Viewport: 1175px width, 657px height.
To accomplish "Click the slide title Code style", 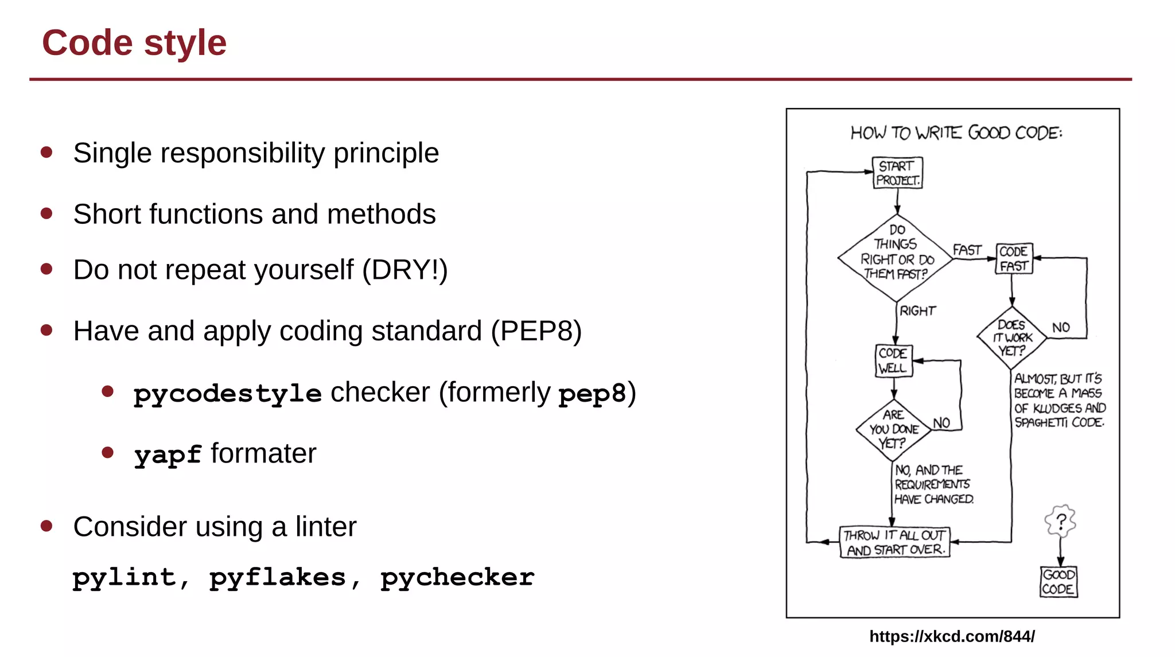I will point(134,43).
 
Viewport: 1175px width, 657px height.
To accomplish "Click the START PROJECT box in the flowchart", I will point(897,173).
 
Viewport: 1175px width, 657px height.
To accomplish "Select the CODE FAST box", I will point(1014,258).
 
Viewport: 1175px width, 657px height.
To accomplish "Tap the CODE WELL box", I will point(893,360).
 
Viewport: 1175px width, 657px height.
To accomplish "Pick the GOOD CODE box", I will point(1059,582).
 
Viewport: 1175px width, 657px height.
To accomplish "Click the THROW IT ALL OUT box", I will point(894,542).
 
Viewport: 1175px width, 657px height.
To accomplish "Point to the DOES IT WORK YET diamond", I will point(1011,338).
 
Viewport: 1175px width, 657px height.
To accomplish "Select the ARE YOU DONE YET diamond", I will point(893,429).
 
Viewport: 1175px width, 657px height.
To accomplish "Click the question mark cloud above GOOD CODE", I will point(1060,521).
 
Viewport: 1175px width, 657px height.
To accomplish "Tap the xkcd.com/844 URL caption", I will point(952,636).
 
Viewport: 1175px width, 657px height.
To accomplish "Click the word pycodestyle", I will point(227,394).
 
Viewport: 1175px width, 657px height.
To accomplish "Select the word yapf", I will point(168,454).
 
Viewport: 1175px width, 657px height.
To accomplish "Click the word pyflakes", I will point(277,577).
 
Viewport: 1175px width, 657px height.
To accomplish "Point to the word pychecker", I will point(457,577).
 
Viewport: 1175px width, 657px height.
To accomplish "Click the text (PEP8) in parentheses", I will point(536,331).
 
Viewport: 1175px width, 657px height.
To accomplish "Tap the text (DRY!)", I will point(404,270).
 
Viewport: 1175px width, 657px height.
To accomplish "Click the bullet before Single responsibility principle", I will point(47,153).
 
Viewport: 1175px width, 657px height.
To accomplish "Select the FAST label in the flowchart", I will point(967,250).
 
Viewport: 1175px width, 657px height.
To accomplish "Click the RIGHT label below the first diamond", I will point(917,311).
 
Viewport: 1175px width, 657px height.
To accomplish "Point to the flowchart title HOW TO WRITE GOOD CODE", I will point(956,133).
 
